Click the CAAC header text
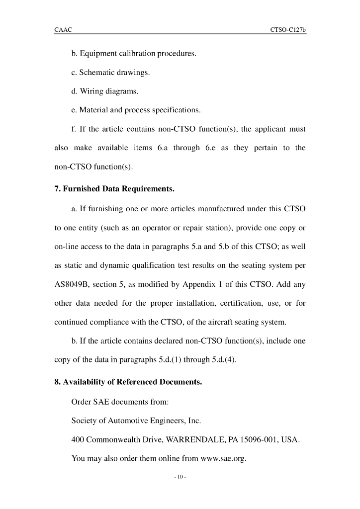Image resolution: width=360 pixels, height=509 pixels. (63, 30)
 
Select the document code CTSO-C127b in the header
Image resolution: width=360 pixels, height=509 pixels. (288, 30)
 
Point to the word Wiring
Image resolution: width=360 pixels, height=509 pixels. (91, 91)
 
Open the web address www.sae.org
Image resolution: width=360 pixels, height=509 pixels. (223, 458)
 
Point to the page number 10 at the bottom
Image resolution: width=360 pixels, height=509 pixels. (180, 478)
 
